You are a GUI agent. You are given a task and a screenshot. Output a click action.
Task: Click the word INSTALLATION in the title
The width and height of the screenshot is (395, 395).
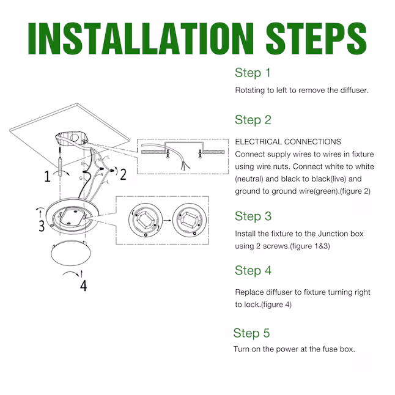click(141, 39)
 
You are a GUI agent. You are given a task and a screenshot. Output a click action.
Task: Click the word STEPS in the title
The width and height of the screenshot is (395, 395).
click(316, 39)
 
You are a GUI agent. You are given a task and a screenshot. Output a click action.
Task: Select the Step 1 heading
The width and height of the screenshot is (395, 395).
click(253, 73)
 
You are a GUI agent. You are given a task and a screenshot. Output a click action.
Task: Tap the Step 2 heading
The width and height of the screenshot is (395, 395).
click(253, 120)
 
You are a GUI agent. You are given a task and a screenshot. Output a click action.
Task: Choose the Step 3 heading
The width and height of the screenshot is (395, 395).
click(253, 216)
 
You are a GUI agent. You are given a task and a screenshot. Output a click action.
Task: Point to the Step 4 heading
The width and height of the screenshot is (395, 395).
click(253, 270)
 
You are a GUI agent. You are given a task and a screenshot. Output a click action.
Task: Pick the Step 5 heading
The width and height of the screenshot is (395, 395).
click(251, 333)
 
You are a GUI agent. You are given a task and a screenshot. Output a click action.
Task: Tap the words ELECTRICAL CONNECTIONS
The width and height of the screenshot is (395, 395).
click(288, 142)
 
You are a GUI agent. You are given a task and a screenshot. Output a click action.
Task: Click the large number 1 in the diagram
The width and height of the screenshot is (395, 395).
click(47, 176)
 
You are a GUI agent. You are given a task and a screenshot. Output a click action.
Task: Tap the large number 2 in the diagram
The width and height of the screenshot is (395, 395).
click(123, 175)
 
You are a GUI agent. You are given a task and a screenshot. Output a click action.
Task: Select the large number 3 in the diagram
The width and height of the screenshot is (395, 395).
click(42, 226)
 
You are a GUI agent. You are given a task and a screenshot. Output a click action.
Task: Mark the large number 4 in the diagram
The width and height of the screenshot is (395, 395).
click(83, 286)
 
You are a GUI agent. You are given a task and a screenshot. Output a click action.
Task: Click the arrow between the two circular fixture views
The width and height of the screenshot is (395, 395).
click(168, 220)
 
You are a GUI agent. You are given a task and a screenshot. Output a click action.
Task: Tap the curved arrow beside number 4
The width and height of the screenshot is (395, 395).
click(72, 273)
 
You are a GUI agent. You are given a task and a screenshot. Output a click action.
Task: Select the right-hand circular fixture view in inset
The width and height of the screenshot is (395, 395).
click(190, 220)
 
